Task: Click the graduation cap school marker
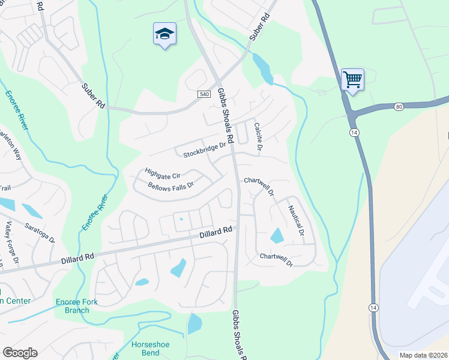click(x=164, y=35)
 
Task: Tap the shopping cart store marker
click(x=352, y=79)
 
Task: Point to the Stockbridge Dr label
click(x=205, y=149)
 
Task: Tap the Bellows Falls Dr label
click(x=172, y=186)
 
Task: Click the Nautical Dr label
click(x=296, y=220)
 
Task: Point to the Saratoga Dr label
click(x=40, y=232)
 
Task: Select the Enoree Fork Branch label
click(x=73, y=306)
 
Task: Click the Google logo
click(x=20, y=353)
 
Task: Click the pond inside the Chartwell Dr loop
click(x=277, y=236)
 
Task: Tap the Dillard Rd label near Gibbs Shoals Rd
click(x=216, y=232)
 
